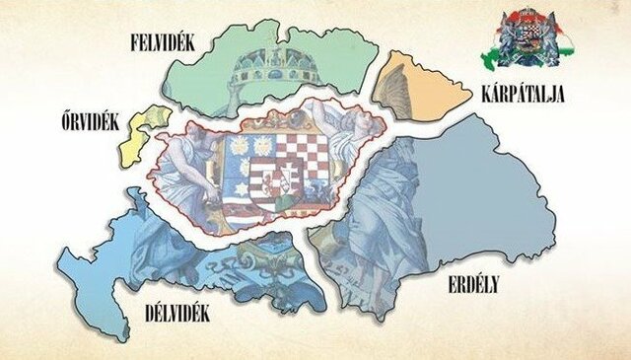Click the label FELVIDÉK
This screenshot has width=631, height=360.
click(x=172, y=40)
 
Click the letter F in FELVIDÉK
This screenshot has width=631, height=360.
click(x=134, y=40)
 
